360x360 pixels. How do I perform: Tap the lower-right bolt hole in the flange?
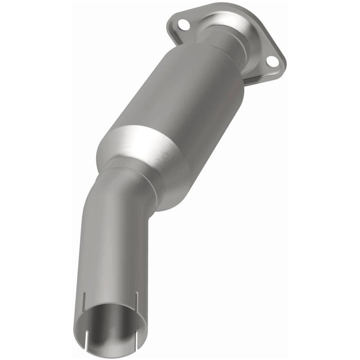[271, 61]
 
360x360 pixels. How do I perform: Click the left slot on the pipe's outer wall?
[84, 300]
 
